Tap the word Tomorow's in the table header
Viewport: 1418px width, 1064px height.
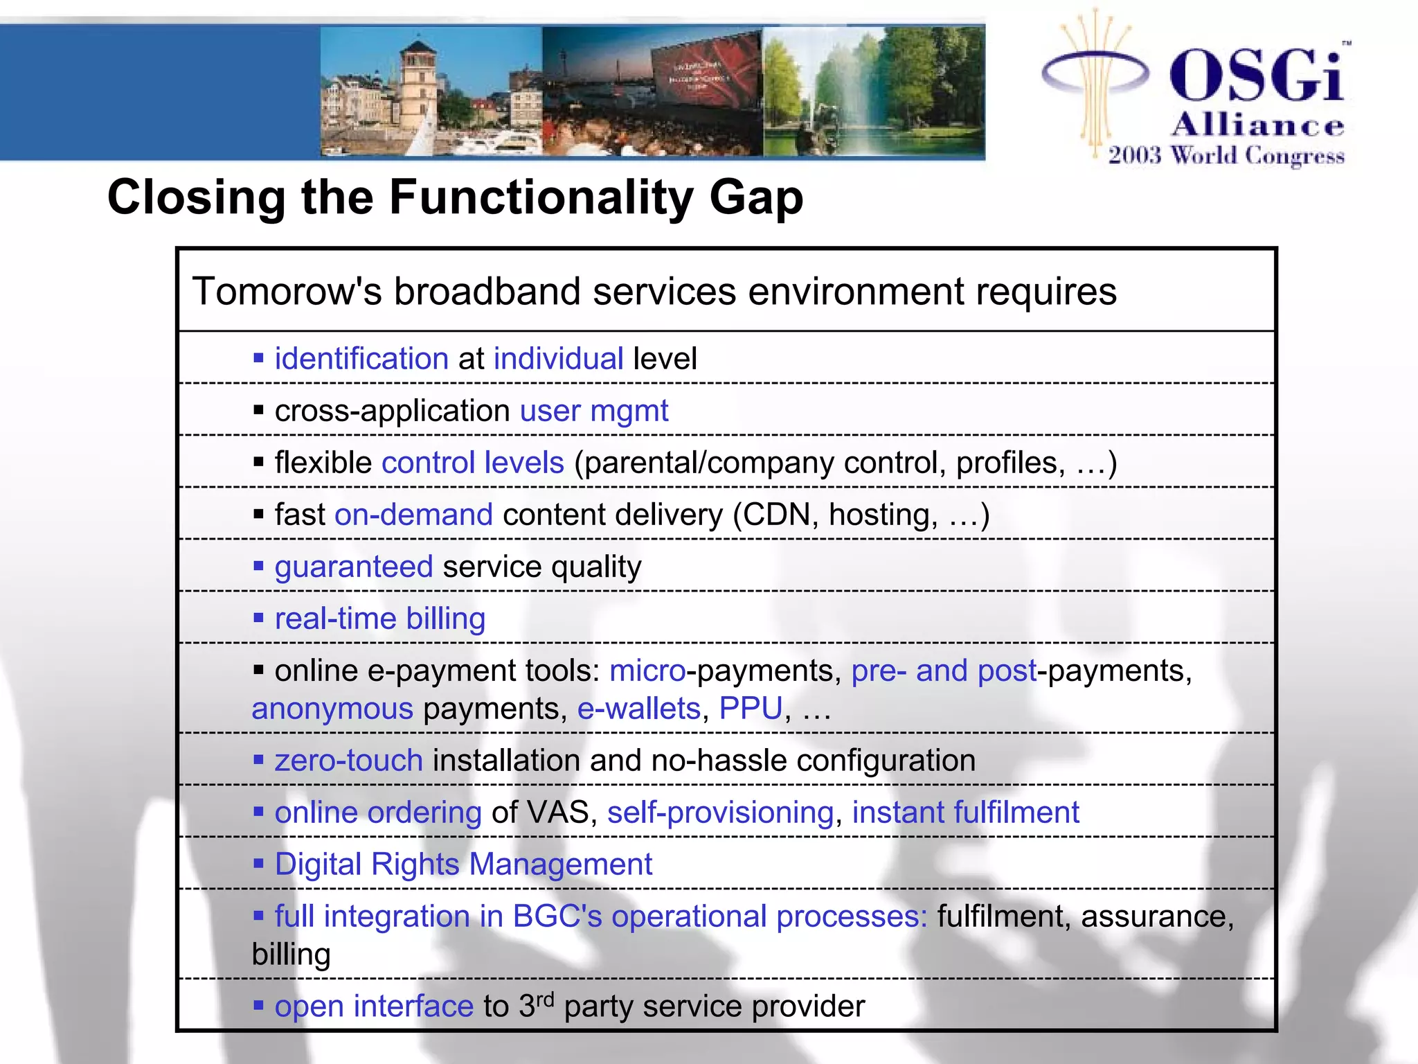pyautogui.click(x=287, y=291)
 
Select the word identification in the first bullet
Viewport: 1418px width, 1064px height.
pyautogui.click(x=361, y=359)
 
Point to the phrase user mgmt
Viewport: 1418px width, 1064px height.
pyautogui.click(x=593, y=411)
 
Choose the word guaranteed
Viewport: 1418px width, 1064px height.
pyautogui.click(x=354, y=567)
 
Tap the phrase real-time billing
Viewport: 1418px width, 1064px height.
pyautogui.click(x=379, y=619)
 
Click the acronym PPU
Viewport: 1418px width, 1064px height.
pyautogui.click(x=751, y=709)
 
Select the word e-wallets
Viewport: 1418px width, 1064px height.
pyautogui.click(x=638, y=709)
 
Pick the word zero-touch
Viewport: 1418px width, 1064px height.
pyautogui.click(x=348, y=761)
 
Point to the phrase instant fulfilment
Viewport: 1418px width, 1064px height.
pyautogui.click(x=965, y=813)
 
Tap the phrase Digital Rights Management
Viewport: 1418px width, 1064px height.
pyautogui.click(x=463, y=864)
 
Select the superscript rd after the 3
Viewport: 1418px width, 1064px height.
pyautogui.click(x=546, y=999)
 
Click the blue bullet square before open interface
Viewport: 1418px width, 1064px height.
pyautogui.click(x=258, y=1005)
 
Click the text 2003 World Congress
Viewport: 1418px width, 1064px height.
pyautogui.click(x=1226, y=155)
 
